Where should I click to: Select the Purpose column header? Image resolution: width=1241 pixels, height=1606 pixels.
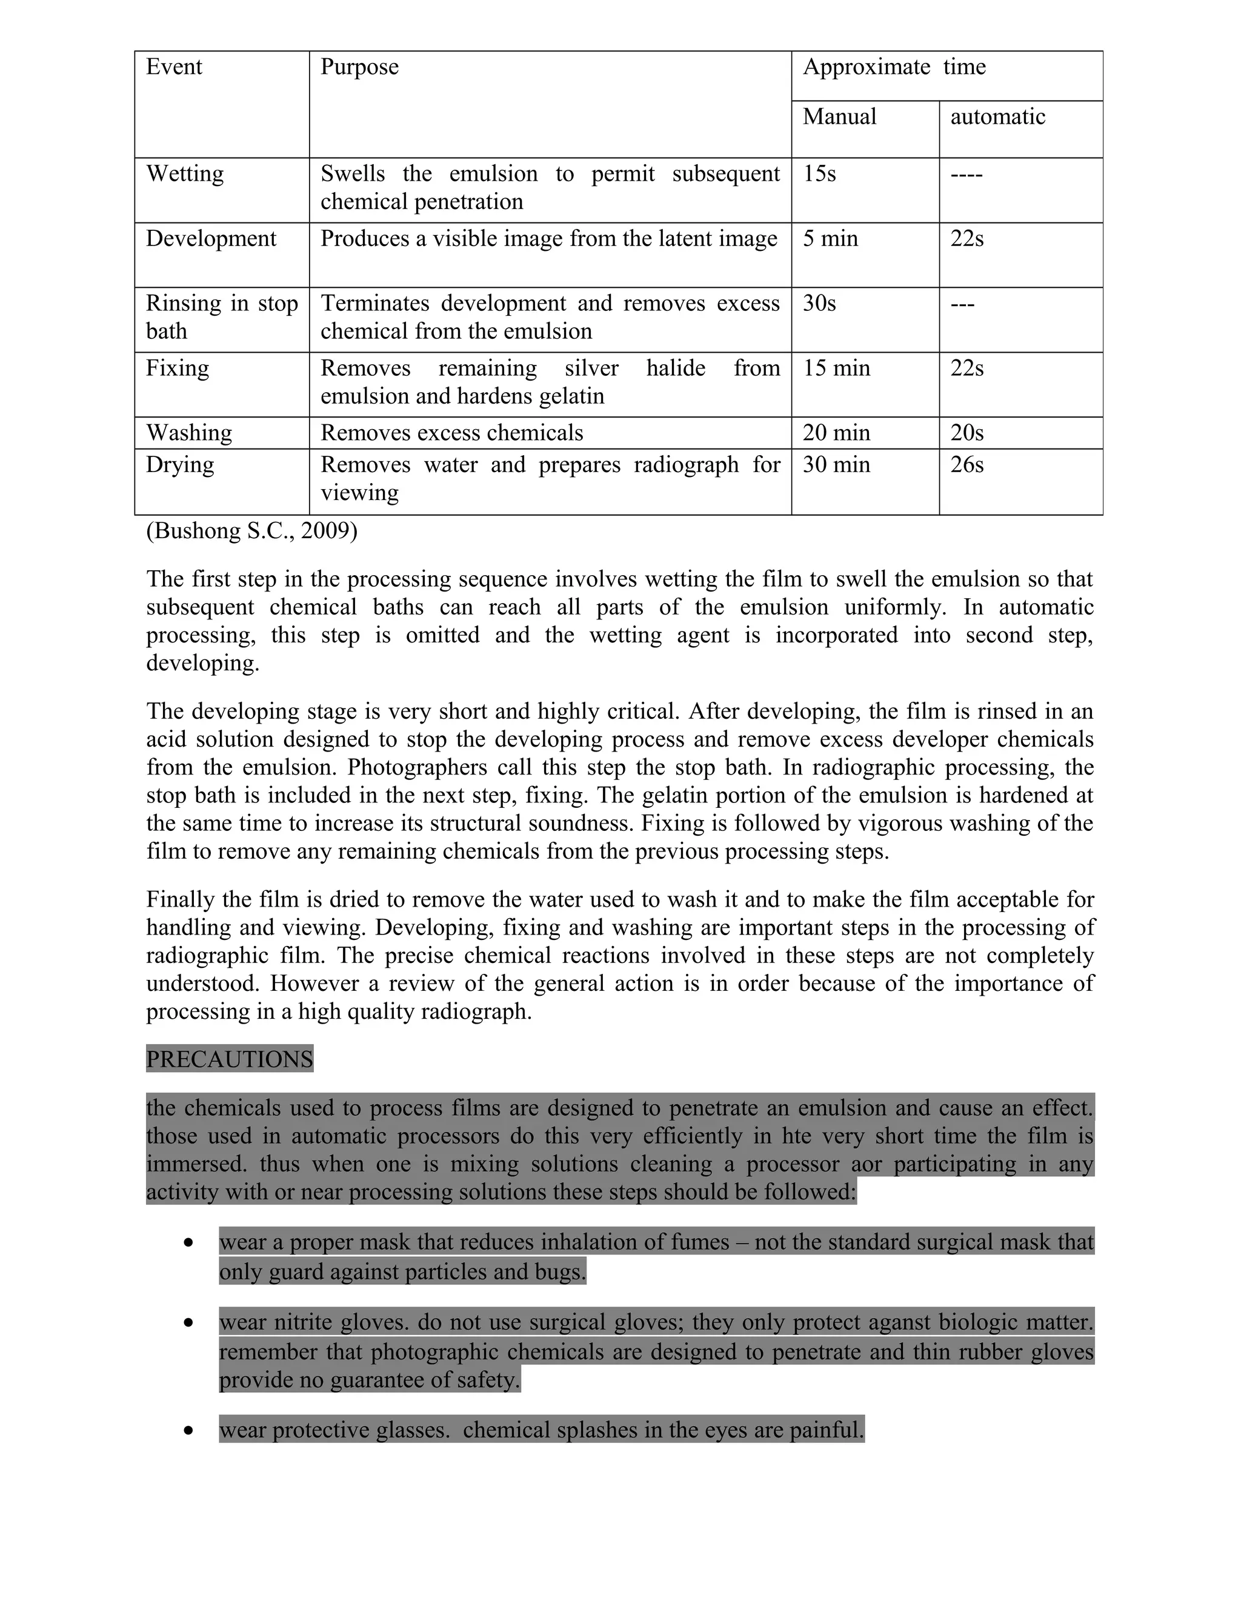tap(359, 67)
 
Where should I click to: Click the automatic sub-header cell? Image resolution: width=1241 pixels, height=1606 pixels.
tap(997, 117)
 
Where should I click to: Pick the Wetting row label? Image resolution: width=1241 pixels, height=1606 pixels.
tap(185, 173)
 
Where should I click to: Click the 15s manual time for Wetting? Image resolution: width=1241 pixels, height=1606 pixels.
tap(819, 173)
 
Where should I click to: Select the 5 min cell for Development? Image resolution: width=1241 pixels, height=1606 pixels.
tap(830, 238)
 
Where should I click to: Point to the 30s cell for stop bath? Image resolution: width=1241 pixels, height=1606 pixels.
tap(819, 303)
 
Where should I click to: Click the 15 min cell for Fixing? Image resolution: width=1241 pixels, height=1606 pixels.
tap(836, 368)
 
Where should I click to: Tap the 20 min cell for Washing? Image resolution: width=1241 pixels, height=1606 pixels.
tap(836, 432)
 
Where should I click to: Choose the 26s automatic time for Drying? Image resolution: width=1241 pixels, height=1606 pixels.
tap(967, 465)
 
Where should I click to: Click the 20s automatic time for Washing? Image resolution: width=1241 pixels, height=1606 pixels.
tap(967, 432)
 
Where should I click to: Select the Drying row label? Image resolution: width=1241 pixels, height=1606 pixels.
tap(180, 465)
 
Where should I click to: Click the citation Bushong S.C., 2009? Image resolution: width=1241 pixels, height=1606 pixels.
tap(251, 531)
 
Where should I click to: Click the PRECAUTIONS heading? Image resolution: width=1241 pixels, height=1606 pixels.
tap(230, 1059)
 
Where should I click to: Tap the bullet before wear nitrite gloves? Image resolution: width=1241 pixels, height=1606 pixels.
tap(189, 1322)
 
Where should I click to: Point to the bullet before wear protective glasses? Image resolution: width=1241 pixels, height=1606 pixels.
tap(189, 1430)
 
